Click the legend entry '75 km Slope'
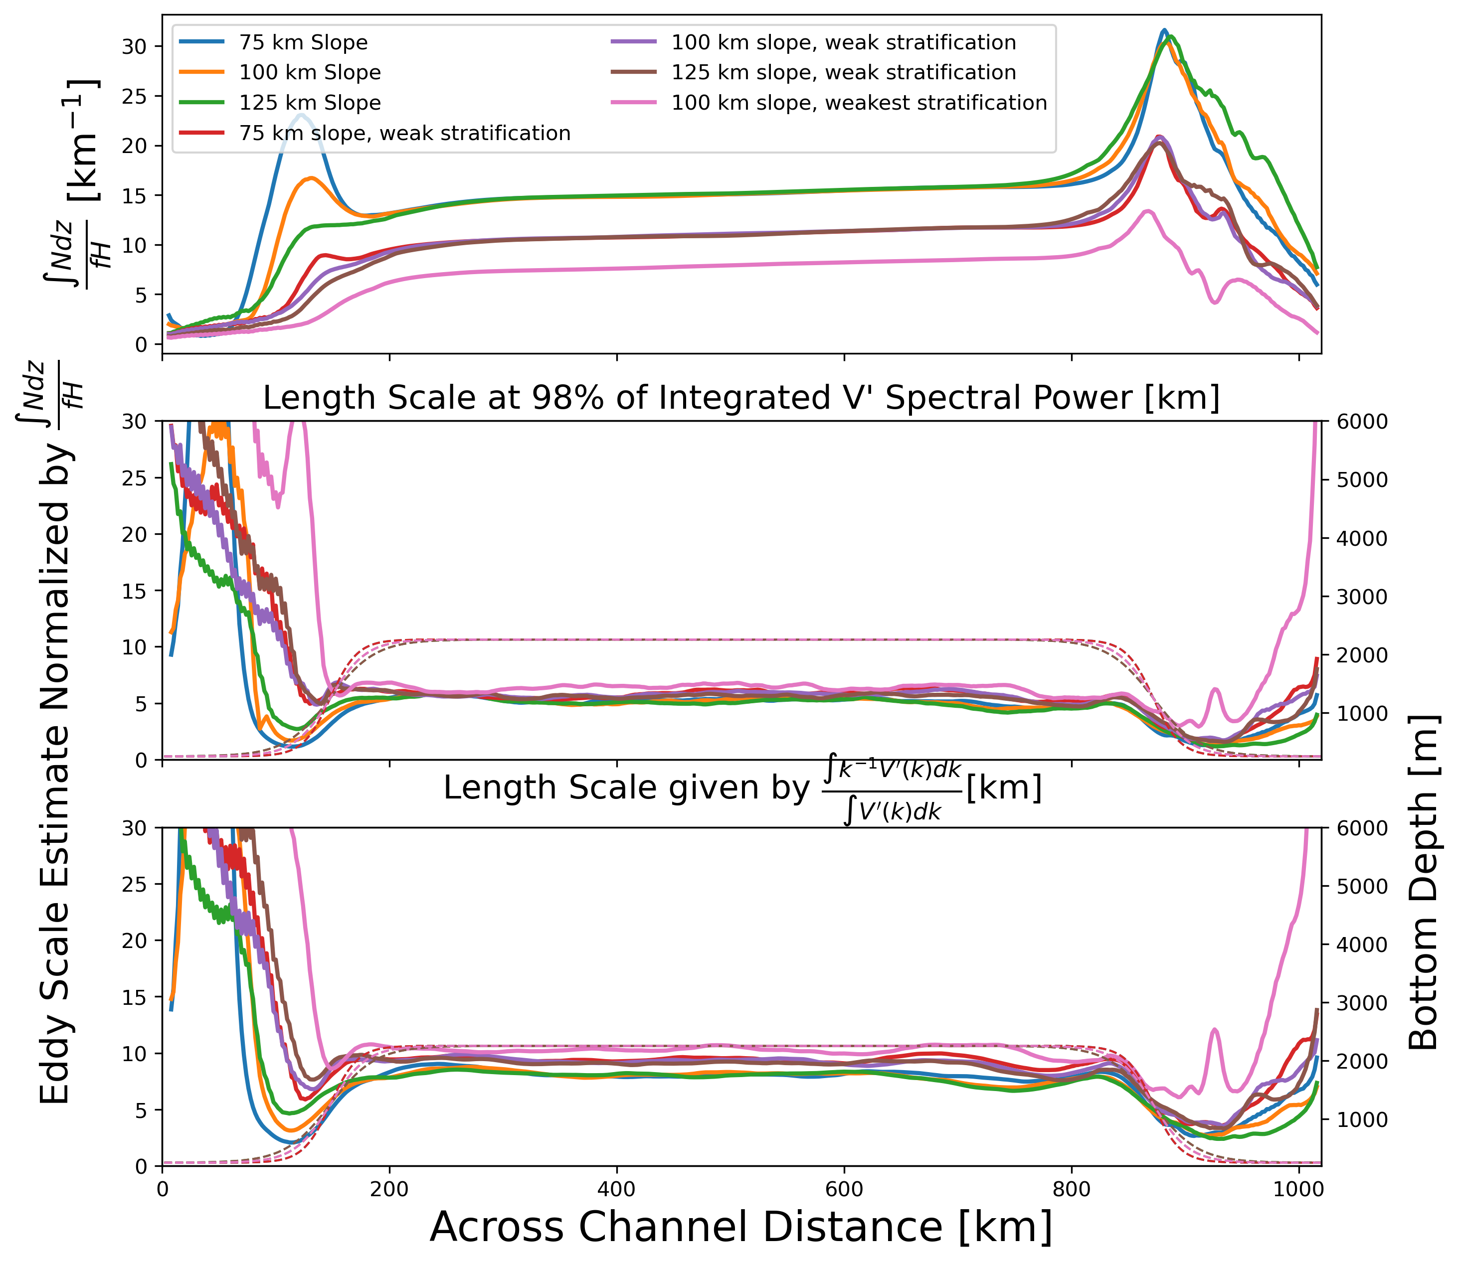tap(303, 42)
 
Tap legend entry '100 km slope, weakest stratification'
tap(859, 103)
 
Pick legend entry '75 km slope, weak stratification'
tap(404, 133)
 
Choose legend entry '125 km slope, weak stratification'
tap(843, 73)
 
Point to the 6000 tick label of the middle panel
tap(1358, 422)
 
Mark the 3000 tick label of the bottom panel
tap(1358, 1002)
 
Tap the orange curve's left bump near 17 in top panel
tap(311, 178)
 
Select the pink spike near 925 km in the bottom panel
tap(1214, 1030)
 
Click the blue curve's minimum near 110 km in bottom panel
tap(289, 1142)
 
